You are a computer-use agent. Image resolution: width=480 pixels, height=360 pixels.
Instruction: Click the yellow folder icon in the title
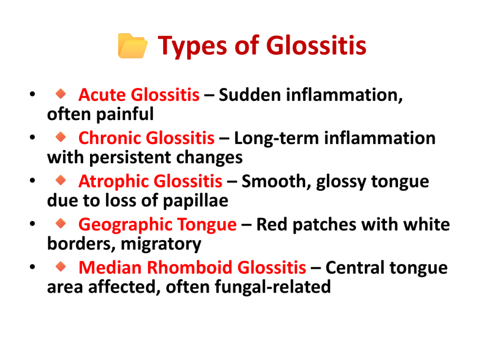133,45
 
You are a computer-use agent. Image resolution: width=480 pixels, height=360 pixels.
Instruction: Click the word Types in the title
192,46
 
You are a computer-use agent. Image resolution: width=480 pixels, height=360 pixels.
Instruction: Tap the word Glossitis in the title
316,45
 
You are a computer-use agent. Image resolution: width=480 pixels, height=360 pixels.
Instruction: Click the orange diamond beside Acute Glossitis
61,93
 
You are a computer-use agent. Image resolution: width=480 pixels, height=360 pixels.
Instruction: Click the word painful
125,115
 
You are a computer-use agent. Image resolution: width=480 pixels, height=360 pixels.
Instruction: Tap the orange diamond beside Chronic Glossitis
61,136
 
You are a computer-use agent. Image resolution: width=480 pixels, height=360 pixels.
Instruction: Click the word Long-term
277,138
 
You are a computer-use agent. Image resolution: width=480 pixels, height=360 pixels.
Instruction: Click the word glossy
341,182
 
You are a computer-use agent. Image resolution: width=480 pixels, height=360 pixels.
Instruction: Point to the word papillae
195,201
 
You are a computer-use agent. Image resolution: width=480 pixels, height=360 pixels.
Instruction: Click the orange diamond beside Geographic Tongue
61,223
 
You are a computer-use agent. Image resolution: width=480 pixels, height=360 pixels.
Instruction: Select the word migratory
161,245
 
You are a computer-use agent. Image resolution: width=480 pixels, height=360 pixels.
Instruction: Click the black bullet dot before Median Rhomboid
32,267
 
